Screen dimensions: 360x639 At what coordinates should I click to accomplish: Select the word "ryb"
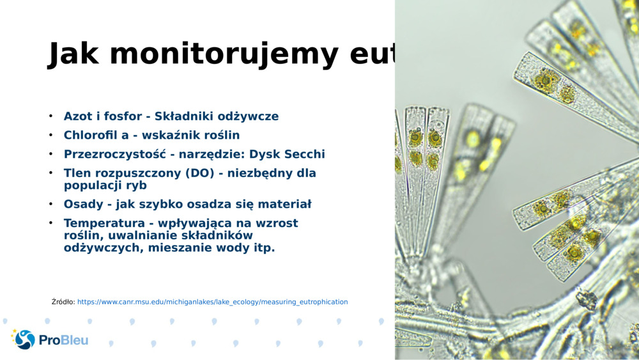tap(135, 185)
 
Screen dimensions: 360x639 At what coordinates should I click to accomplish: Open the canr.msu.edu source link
tap(212, 302)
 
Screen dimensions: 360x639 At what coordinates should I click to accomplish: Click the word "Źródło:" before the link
tap(63, 302)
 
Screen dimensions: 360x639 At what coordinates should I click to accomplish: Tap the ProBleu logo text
tap(63, 340)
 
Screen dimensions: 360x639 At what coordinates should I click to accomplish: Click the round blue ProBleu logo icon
tap(25, 340)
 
